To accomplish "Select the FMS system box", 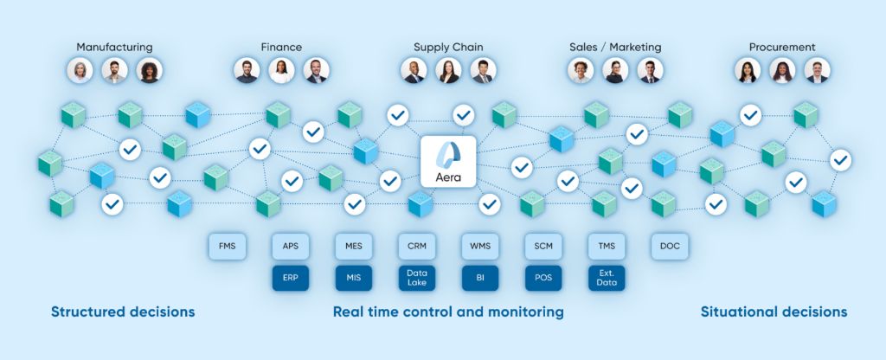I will tap(227, 247).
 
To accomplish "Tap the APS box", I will tap(290, 247).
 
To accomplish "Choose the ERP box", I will tap(290, 278).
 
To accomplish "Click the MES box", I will tap(353, 247).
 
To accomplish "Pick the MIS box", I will tap(353, 278).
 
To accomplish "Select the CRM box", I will tap(416, 247).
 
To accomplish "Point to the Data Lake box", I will tap(416, 278).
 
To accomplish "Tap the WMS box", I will tap(479, 247).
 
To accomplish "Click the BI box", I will tap(479, 278).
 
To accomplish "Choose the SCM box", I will tap(543, 247).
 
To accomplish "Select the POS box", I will tap(543, 278).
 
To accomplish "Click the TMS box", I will tap(606, 247).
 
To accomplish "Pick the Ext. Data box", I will tap(606, 278).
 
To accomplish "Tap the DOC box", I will tap(669, 247).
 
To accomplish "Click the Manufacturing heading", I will tap(114, 47).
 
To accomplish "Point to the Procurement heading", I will tap(781, 47).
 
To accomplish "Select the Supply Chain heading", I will tap(448, 47).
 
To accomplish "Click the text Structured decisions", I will tap(123, 312).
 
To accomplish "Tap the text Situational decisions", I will tap(774, 312).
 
